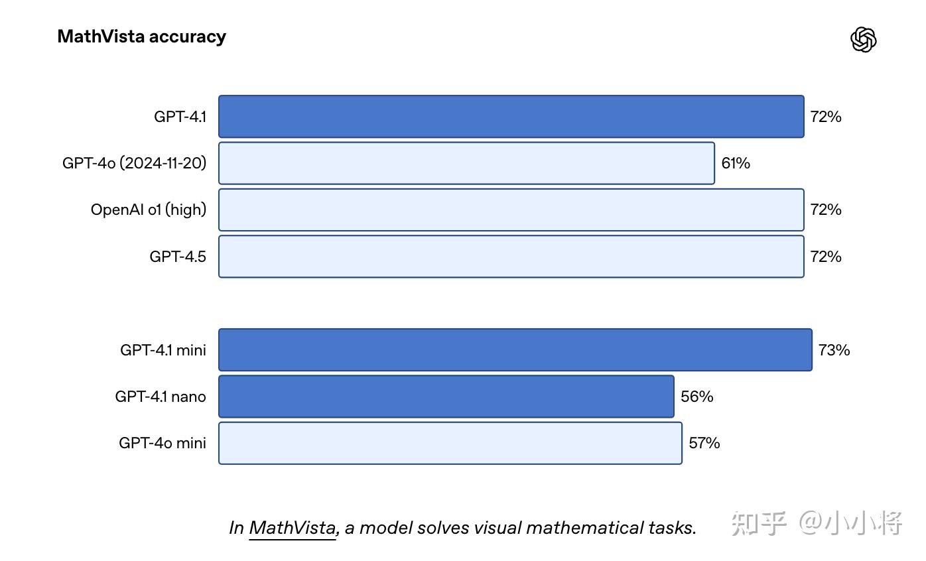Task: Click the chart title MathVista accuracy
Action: click(141, 36)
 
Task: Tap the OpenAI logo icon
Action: click(863, 40)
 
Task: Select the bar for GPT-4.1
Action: click(511, 117)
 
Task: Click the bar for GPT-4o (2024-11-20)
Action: click(466, 163)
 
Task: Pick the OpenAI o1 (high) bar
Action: click(511, 210)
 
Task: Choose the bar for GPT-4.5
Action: click(511, 257)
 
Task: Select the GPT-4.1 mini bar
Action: click(515, 349)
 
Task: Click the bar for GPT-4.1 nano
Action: click(446, 397)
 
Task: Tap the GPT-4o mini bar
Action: click(450, 443)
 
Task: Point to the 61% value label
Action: click(736, 163)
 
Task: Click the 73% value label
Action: click(834, 349)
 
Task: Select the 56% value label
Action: click(696, 397)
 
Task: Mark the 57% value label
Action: click(704, 443)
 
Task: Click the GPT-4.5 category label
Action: click(178, 257)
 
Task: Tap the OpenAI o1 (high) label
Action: click(149, 210)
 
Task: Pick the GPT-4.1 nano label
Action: click(161, 397)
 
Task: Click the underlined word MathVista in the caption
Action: click(293, 528)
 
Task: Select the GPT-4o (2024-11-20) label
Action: click(135, 163)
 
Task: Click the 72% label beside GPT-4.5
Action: click(826, 257)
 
